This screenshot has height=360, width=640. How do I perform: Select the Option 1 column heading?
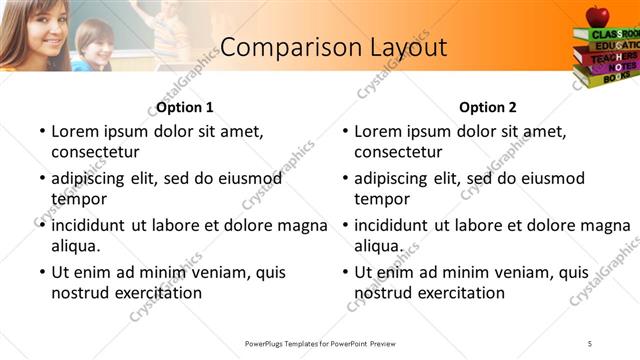[185, 107]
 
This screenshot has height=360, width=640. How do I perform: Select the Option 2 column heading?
[488, 107]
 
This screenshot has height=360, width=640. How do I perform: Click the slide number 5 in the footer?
[590, 343]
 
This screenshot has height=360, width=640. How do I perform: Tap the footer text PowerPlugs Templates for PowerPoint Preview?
[320, 343]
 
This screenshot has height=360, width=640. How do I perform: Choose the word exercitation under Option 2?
[460, 293]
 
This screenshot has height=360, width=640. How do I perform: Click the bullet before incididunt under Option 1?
[41, 226]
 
